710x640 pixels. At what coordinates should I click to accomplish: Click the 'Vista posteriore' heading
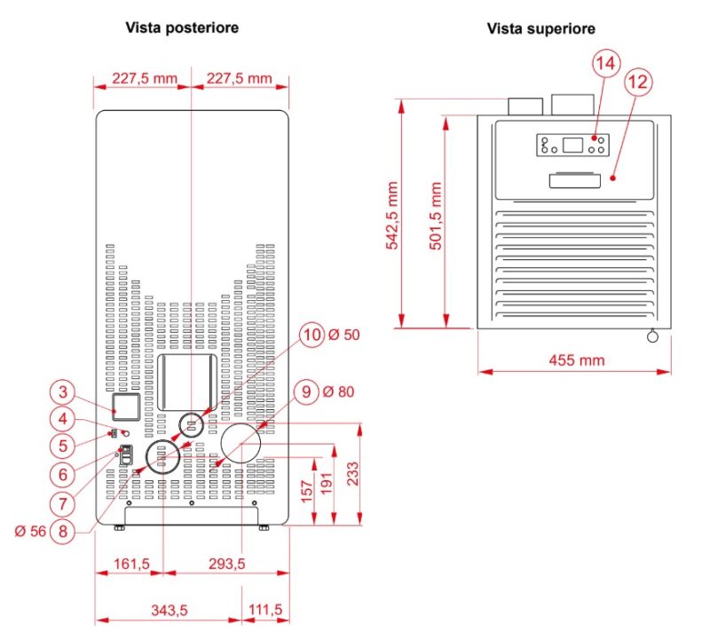[x=182, y=28]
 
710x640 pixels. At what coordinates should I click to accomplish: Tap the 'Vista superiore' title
[x=541, y=29]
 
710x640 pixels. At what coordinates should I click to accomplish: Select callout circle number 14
[x=606, y=63]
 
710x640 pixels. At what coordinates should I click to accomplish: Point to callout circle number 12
[x=638, y=82]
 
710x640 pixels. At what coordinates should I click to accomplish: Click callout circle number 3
[x=63, y=391]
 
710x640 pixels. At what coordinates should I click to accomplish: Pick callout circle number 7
[x=63, y=503]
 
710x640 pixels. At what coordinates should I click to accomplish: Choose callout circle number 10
[x=312, y=335]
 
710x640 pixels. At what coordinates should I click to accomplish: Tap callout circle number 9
[x=306, y=391]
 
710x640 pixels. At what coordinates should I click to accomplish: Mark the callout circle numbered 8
[x=63, y=531]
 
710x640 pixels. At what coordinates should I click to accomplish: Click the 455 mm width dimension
[x=576, y=360]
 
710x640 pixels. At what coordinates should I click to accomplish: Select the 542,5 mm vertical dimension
[x=392, y=216]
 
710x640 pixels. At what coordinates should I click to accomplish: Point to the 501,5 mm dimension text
[x=436, y=216]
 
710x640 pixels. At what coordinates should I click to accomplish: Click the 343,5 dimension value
[x=169, y=610]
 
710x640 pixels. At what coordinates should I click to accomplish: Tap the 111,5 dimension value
[x=265, y=610]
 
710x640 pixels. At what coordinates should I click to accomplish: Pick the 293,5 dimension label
[x=227, y=564]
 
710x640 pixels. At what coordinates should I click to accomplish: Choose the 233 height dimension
[x=352, y=474]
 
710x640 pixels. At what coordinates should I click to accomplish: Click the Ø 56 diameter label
[x=30, y=531]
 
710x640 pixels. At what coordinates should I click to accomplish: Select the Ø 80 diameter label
[x=339, y=391]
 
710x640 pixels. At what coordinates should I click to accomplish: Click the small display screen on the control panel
[x=572, y=146]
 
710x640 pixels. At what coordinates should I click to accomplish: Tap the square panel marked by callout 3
[x=126, y=407]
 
